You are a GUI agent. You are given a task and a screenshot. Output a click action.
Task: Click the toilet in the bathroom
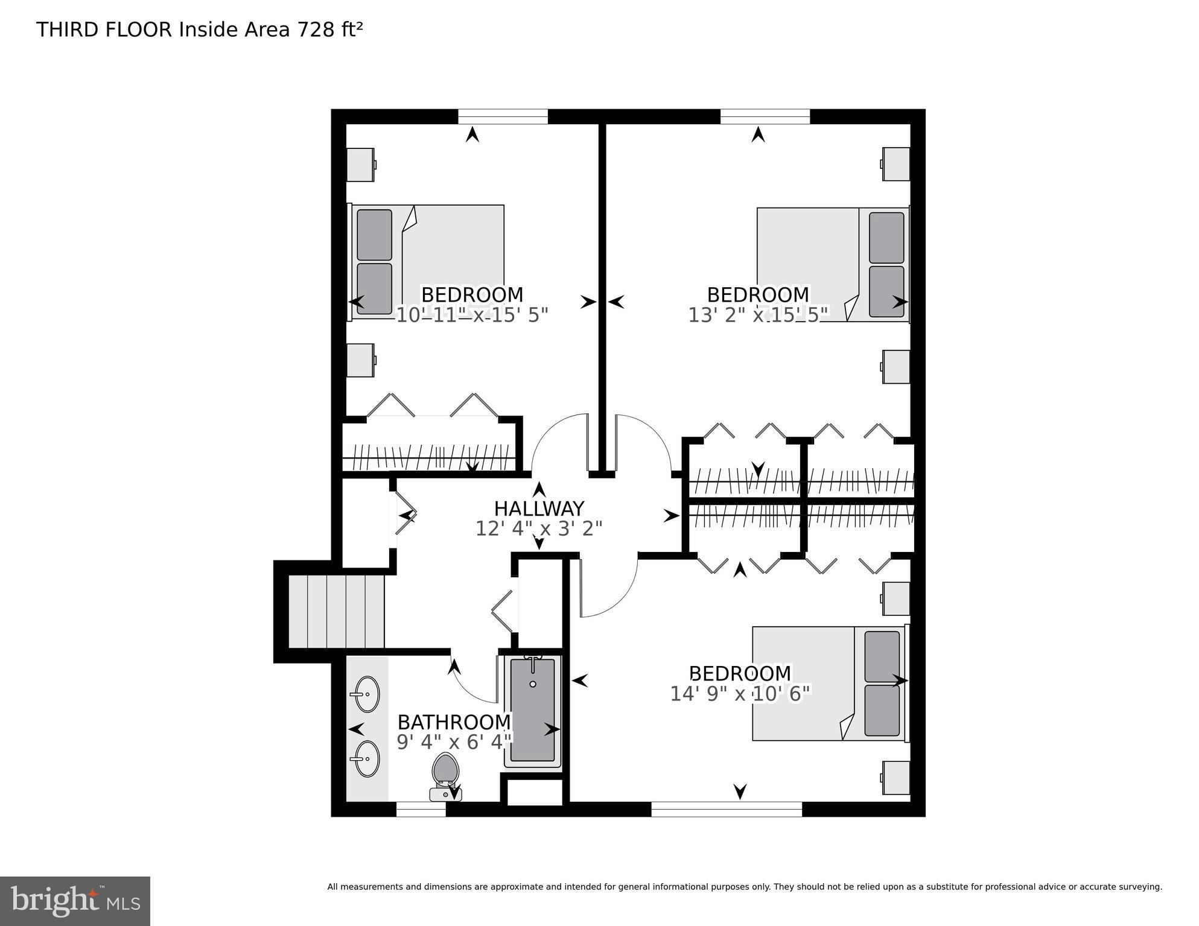pyautogui.click(x=446, y=775)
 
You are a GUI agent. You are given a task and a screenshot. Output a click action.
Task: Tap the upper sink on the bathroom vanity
pyautogui.click(x=366, y=694)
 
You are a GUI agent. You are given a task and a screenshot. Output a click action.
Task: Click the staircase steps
pyautogui.click(x=336, y=611)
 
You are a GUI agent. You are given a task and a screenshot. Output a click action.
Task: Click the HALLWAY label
pyautogui.click(x=539, y=509)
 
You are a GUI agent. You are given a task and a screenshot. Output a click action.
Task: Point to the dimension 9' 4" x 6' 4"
pyautogui.click(x=454, y=742)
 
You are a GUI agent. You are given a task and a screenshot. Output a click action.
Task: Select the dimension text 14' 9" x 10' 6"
pyautogui.click(x=740, y=694)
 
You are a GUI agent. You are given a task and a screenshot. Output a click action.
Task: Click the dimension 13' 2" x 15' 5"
pyautogui.click(x=758, y=314)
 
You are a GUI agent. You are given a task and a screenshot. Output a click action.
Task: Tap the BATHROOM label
pyautogui.click(x=454, y=722)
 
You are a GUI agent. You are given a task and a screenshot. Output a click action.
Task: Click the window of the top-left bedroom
pyautogui.click(x=503, y=116)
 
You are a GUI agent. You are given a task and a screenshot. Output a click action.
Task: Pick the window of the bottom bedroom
pyautogui.click(x=727, y=809)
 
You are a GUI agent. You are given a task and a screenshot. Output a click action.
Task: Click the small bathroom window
pyautogui.click(x=421, y=809)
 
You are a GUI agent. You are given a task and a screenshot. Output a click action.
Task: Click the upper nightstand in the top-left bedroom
pyautogui.click(x=361, y=164)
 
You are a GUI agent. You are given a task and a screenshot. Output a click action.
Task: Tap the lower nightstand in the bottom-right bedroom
pyautogui.click(x=896, y=778)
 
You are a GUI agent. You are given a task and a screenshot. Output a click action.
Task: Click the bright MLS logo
pyautogui.click(x=75, y=901)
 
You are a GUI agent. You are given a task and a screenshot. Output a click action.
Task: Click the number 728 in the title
pyautogui.click(x=311, y=30)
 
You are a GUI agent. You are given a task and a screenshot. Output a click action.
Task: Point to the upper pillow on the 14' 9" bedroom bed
pyautogui.click(x=882, y=656)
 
